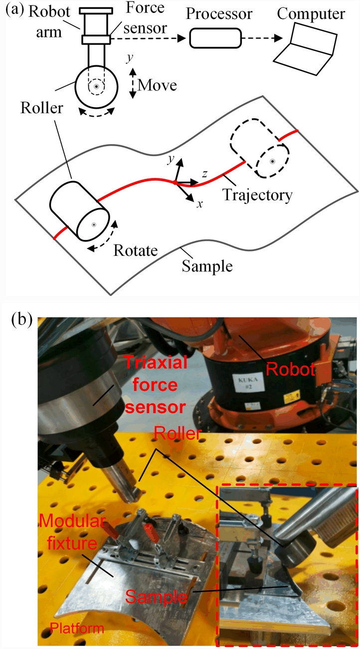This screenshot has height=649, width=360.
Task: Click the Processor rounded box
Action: (215, 38)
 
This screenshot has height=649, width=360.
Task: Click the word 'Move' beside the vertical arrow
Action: (157, 85)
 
